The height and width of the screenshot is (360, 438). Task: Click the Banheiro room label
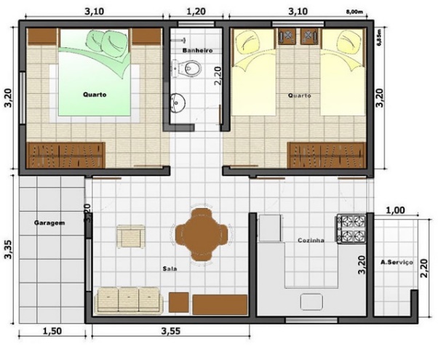(197, 51)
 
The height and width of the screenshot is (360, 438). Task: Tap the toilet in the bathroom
(188, 70)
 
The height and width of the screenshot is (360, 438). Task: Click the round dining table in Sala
(200, 234)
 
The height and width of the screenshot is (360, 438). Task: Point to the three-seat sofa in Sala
(128, 300)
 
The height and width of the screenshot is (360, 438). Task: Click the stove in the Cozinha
(350, 228)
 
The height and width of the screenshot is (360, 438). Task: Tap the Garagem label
(49, 223)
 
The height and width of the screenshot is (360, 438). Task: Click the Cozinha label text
(311, 240)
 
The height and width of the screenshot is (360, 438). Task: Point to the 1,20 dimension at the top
(196, 12)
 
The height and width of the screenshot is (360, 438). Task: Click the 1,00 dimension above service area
(394, 211)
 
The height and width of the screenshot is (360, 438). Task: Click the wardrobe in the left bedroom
(66, 154)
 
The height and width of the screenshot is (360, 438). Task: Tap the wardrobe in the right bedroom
(327, 154)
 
